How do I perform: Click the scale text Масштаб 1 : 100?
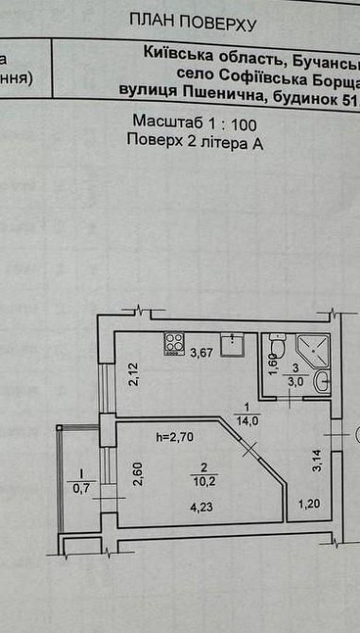(x=194, y=124)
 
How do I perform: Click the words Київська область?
(x=193, y=56)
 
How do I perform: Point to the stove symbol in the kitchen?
(x=174, y=343)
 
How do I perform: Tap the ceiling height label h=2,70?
(x=175, y=436)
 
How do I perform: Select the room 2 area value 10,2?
(x=197, y=478)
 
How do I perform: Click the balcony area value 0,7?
(x=82, y=488)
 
